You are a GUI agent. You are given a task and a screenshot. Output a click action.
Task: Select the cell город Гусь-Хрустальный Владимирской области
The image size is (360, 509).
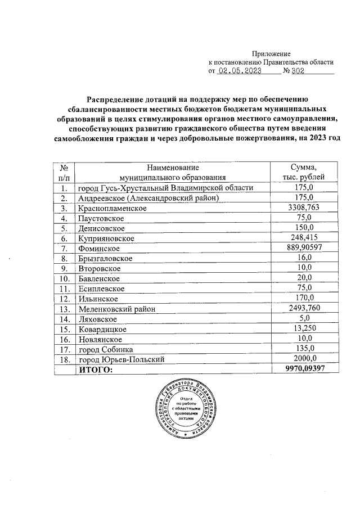165,187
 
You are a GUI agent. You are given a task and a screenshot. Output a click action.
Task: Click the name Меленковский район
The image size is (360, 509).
116,308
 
